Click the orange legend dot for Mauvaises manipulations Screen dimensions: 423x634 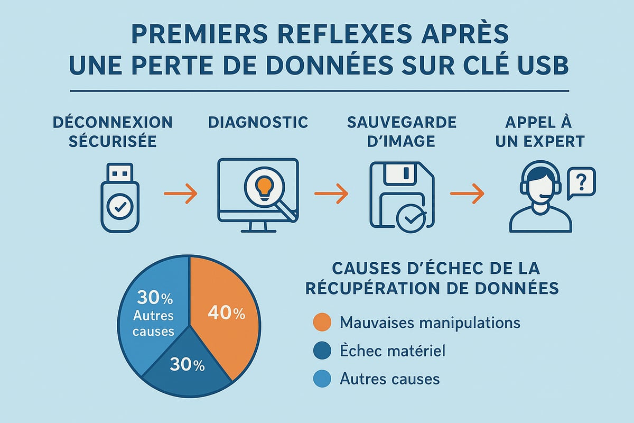pos(322,322)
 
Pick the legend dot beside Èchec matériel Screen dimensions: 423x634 pos(322,350)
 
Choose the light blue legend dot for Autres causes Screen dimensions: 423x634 pos(322,379)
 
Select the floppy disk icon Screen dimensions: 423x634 pos(399,196)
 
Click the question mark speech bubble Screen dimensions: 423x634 pos(581,182)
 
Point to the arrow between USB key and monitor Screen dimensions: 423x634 pos(180,194)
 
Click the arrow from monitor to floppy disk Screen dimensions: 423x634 pos(331,194)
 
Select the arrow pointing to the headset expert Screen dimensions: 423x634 pos(467,194)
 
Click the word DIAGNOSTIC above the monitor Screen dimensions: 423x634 pos(258,122)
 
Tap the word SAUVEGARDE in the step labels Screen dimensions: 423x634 pos(402,122)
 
